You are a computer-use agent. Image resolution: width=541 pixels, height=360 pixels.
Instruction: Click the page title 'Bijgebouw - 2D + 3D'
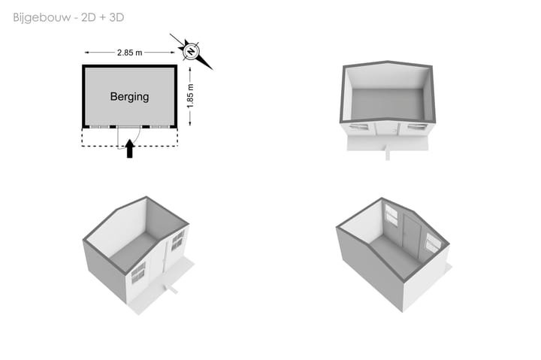(68, 17)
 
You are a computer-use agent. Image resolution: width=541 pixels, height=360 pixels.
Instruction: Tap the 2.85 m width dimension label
(129, 53)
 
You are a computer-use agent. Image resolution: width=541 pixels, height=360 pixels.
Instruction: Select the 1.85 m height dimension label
(190, 95)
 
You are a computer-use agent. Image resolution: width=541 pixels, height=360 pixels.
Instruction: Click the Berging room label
(129, 96)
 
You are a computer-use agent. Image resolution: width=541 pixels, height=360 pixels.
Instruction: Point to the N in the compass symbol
(191, 52)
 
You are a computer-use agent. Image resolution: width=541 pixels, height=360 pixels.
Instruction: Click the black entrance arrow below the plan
(129, 148)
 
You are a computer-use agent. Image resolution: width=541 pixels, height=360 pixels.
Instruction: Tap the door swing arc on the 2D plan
(138, 136)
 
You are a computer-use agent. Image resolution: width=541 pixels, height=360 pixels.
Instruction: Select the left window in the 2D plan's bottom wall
(99, 127)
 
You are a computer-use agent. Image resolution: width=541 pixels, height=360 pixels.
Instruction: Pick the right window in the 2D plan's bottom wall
(160, 127)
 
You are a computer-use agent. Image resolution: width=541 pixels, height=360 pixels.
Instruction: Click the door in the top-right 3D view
(388, 129)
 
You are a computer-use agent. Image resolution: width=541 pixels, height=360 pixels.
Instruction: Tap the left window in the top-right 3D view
(358, 127)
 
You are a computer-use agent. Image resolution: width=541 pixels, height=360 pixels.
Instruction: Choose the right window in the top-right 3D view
(416, 127)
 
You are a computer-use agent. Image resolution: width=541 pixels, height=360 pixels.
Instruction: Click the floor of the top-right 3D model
(388, 104)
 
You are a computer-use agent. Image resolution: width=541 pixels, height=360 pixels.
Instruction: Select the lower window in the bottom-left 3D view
(138, 273)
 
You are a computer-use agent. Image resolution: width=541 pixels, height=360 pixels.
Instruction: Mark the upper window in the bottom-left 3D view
(177, 240)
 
